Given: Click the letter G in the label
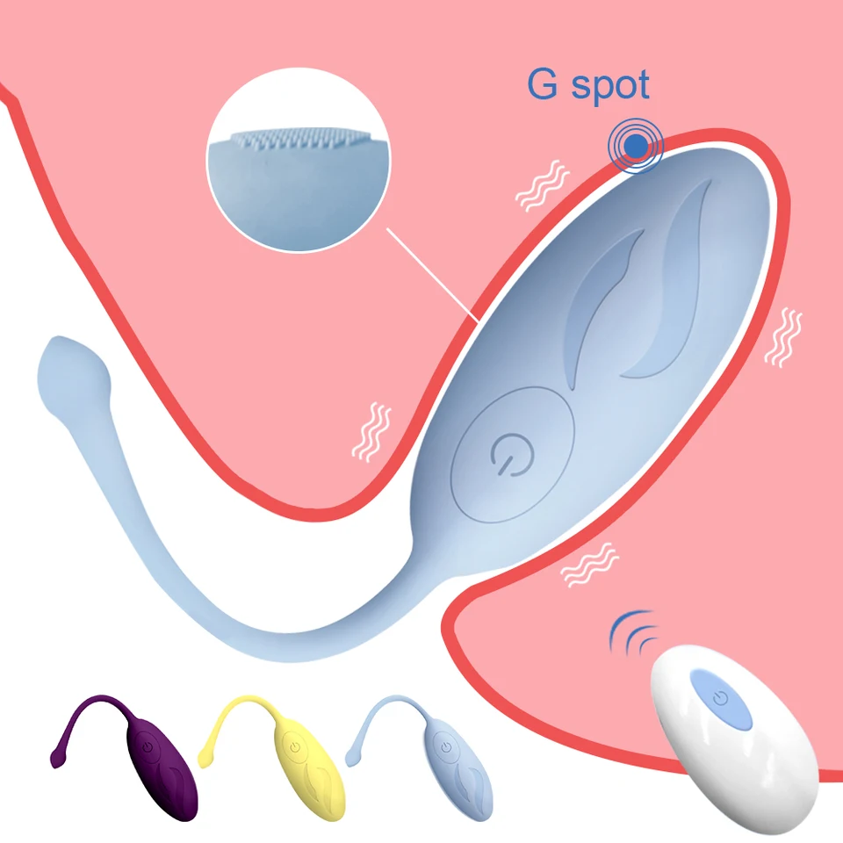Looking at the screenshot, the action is (542, 83).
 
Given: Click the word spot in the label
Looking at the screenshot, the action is (610, 86).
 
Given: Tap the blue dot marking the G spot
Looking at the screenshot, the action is (637, 146).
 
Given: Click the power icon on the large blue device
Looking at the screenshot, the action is (512, 454).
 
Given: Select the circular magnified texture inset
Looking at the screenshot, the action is (299, 159).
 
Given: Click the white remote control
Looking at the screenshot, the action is (734, 739).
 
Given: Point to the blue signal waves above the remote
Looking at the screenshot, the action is (634, 632).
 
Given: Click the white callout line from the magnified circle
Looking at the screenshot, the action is (432, 275).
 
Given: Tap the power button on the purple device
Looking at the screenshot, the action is (148, 746).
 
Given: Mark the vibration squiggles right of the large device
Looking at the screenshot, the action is (783, 337).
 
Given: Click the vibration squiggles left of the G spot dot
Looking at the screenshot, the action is (542, 185).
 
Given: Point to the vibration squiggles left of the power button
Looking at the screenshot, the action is (371, 432).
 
